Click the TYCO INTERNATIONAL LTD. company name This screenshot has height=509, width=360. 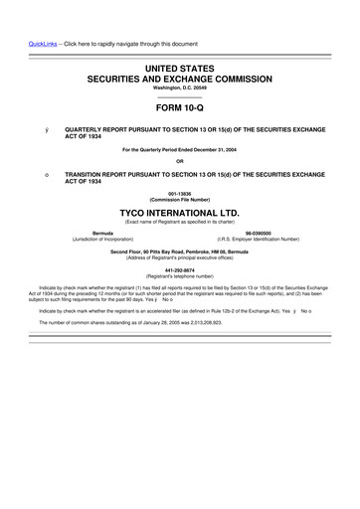[x=180, y=213]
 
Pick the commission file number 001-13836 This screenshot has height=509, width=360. [x=180, y=194]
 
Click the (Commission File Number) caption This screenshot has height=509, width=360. [x=180, y=200]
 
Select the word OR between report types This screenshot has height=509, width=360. [x=180, y=161]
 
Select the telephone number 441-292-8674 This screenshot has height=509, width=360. [x=180, y=269]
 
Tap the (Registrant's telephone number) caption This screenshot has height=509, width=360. [x=180, y=275]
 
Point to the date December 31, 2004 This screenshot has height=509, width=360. [x=210, y=150]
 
